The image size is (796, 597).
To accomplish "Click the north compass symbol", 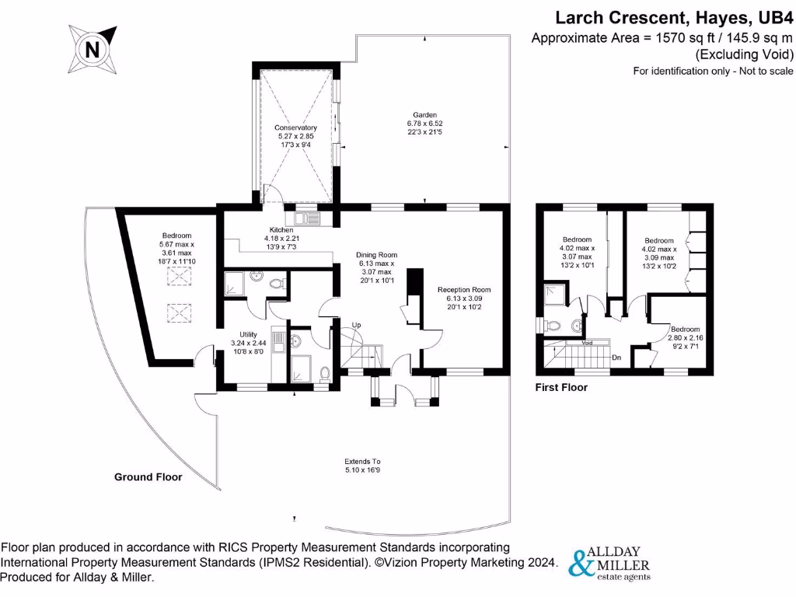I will click(93, 49).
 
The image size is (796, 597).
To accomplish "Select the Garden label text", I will click(424, 123).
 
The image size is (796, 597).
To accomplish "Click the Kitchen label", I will click(281, 238).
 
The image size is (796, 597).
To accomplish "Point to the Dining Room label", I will click(377, 267).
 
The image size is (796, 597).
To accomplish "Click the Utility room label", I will click(248, 342).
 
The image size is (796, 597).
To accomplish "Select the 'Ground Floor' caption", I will click(148, 477).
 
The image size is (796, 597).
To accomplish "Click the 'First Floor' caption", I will click(561, 387).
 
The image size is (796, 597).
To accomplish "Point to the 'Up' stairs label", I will click(355, 325).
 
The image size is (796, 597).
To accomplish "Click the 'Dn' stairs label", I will click(616, 358).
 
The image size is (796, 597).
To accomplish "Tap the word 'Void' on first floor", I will click(588, 342).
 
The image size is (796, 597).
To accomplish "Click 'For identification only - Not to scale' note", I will click(713, 71).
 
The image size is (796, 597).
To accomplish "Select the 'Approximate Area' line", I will click(662, 37).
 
